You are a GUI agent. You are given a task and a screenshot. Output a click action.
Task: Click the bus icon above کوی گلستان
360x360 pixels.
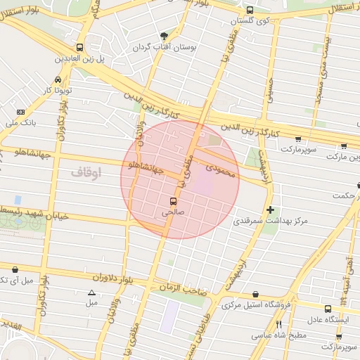coord(250,10)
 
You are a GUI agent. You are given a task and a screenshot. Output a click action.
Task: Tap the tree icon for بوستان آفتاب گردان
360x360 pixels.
coord(165,36)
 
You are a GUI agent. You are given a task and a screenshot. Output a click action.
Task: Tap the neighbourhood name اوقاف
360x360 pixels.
coord(86,171)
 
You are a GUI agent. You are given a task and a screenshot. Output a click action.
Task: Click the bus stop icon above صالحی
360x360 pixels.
coord(174,200)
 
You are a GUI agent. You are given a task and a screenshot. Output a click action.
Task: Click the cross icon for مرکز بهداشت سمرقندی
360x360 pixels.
coord(271,210)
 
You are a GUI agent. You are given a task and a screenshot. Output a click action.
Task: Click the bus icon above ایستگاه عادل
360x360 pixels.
coord(328,309)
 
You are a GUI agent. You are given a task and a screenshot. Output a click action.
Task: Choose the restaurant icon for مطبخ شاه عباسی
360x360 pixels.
coord(278,324)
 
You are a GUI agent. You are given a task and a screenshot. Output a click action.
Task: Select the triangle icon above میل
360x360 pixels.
coord(91,292)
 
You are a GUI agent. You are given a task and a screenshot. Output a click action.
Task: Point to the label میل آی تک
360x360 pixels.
coord(16,281)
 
